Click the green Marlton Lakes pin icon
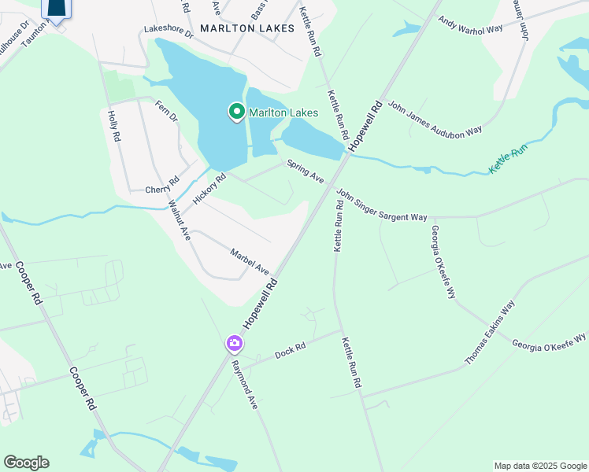pos(236,112)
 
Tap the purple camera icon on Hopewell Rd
pos(234,343)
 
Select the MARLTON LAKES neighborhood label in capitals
pos(247,28)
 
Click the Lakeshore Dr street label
pos(169,32)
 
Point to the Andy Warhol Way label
pos(470,25)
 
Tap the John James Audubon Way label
pos(435,119)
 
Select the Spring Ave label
pos(306,172)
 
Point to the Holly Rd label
pos(114,126)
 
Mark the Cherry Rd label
pos(163,190)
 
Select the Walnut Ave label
pos(179,219)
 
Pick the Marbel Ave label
pos(250,261)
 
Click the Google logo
pos(26,463)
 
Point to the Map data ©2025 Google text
pos(539,466)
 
